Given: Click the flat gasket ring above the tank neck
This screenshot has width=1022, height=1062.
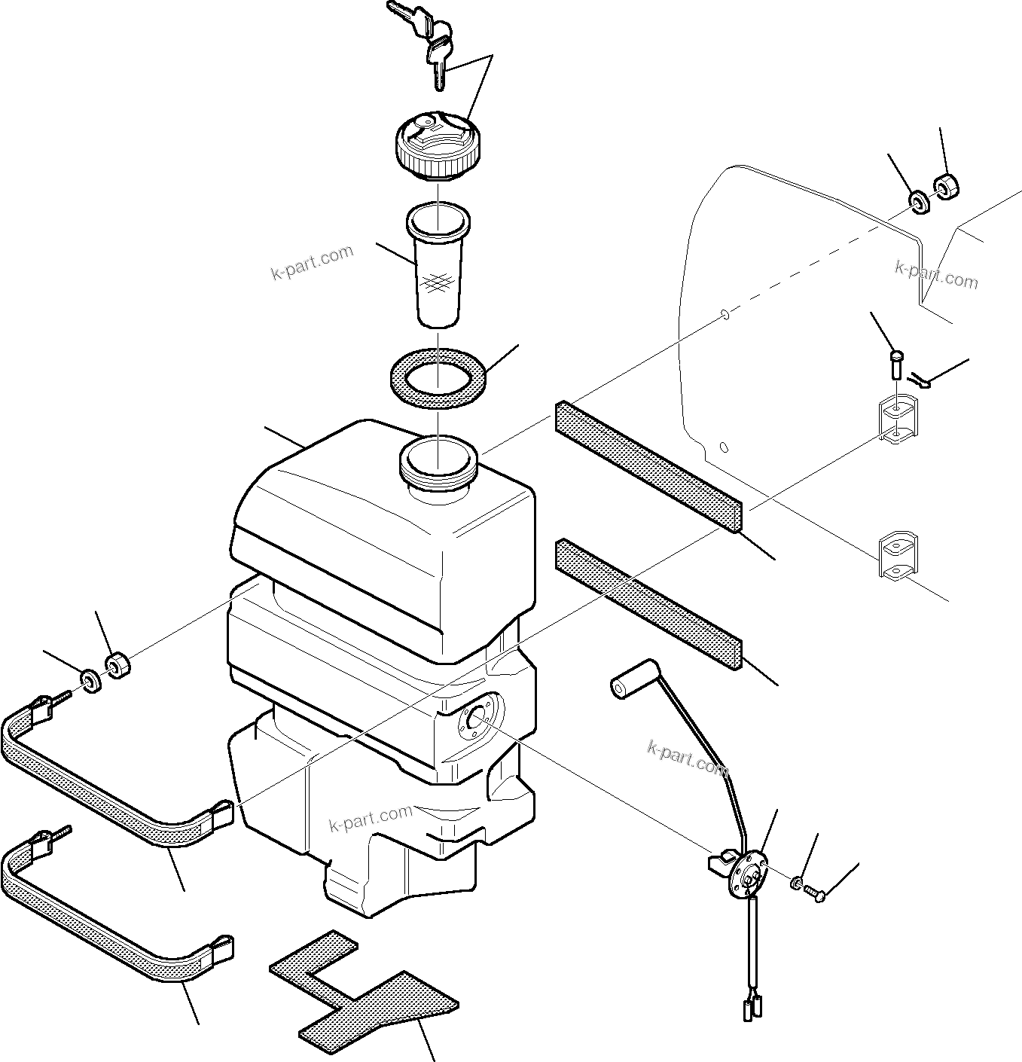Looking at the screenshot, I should coord(438,377).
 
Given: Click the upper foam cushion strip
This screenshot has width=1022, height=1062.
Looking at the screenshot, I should coord(648,466).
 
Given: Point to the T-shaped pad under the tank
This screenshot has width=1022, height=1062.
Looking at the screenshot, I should coord(362,991).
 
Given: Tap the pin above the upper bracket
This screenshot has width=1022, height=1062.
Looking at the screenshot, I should coord(895,366).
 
